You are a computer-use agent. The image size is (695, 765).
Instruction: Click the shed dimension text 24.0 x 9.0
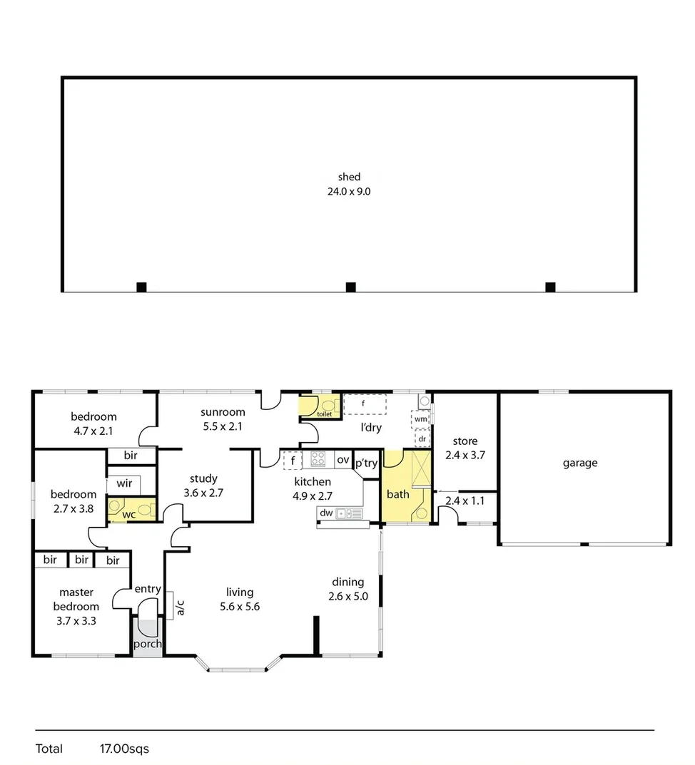pos(349,191)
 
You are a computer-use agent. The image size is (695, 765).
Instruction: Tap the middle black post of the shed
pos(350,287)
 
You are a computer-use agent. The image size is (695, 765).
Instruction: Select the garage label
pos(579,463)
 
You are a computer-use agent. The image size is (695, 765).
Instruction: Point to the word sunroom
pos(223,412)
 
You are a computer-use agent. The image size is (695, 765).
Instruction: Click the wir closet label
pos(124,483)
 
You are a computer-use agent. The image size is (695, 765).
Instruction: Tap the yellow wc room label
pos(129,514)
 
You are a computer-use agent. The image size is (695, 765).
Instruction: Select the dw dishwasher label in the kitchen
pos(326,513)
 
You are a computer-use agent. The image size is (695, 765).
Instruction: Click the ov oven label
pos(343,460)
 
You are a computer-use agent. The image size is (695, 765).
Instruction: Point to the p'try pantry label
pos(366,463)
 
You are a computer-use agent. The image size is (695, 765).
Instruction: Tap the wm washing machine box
pos(420,419)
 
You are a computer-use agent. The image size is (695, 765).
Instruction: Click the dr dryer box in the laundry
pos(422,438)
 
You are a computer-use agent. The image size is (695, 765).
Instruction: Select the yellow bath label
pos(397,494)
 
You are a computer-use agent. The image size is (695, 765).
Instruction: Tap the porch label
pos(148,644)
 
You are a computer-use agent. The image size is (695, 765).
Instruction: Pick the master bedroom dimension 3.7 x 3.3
pos(76,620)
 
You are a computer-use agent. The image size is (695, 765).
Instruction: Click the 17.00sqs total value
pos(124,749)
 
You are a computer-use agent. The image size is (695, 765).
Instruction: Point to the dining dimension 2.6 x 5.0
pos(348,597)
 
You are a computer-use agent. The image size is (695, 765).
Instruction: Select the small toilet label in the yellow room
pos(324,414)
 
